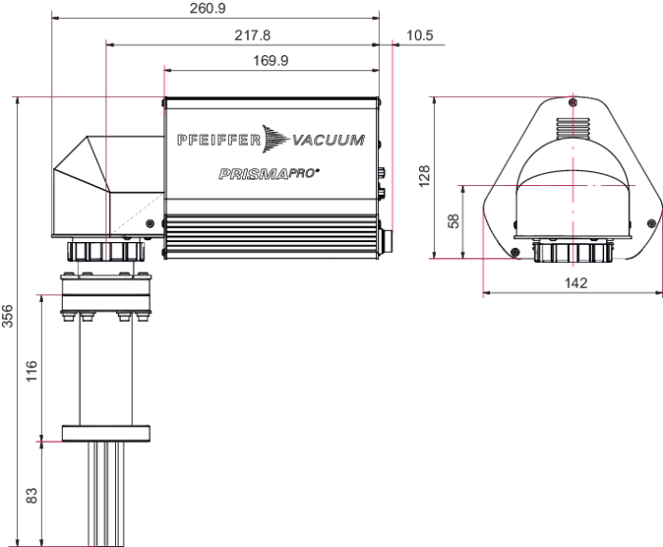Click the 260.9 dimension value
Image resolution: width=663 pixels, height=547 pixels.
[208, 9]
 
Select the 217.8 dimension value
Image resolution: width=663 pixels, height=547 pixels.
[253, 35]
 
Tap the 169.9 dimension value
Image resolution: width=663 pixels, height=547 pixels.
[271, 61]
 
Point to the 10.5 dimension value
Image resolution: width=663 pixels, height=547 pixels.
[420, 35]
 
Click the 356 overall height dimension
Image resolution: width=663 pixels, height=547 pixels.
[8, 316]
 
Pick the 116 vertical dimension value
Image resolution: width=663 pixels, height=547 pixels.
[31, 370]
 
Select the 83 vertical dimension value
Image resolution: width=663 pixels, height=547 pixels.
[31, 496]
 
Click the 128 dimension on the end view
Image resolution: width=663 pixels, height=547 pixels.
[424, 177]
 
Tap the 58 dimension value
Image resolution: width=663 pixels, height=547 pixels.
[453, 221]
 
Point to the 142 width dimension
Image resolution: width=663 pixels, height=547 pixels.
[576, 283]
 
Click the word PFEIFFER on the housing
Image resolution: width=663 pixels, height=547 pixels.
[219, 140]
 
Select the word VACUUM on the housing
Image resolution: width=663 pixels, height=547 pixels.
[328, 140]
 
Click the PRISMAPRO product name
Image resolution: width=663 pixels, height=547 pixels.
[269, 174]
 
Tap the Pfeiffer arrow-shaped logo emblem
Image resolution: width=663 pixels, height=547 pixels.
[275, 139]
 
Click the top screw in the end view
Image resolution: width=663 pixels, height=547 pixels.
[573, 103]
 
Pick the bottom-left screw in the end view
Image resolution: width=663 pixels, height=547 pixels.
[515, 253]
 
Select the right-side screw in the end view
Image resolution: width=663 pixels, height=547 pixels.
[652, 223]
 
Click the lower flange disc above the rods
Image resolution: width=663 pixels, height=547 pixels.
[106, 433]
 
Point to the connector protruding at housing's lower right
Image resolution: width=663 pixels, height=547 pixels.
[386, 242]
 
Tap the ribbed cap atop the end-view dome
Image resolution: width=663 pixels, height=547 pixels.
[573, 128]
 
